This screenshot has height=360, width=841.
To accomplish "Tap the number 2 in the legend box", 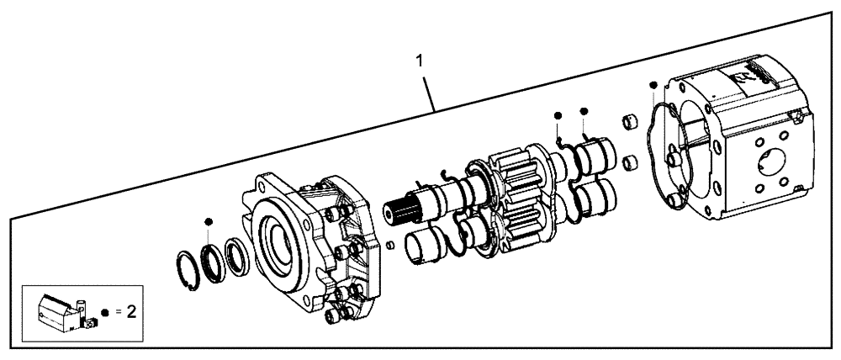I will (x=131, y=311).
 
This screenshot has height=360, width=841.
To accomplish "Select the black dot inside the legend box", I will (x=104, y=312).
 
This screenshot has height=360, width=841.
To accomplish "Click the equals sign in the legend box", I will (x=118, y=312).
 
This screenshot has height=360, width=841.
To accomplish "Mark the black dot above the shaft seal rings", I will (x=208, y=220).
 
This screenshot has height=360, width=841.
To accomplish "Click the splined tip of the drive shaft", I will (x=401, y=209).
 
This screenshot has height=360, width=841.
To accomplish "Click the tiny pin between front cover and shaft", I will (x=390, y=245).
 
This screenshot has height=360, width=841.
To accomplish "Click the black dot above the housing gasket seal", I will (x=653, y=84).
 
